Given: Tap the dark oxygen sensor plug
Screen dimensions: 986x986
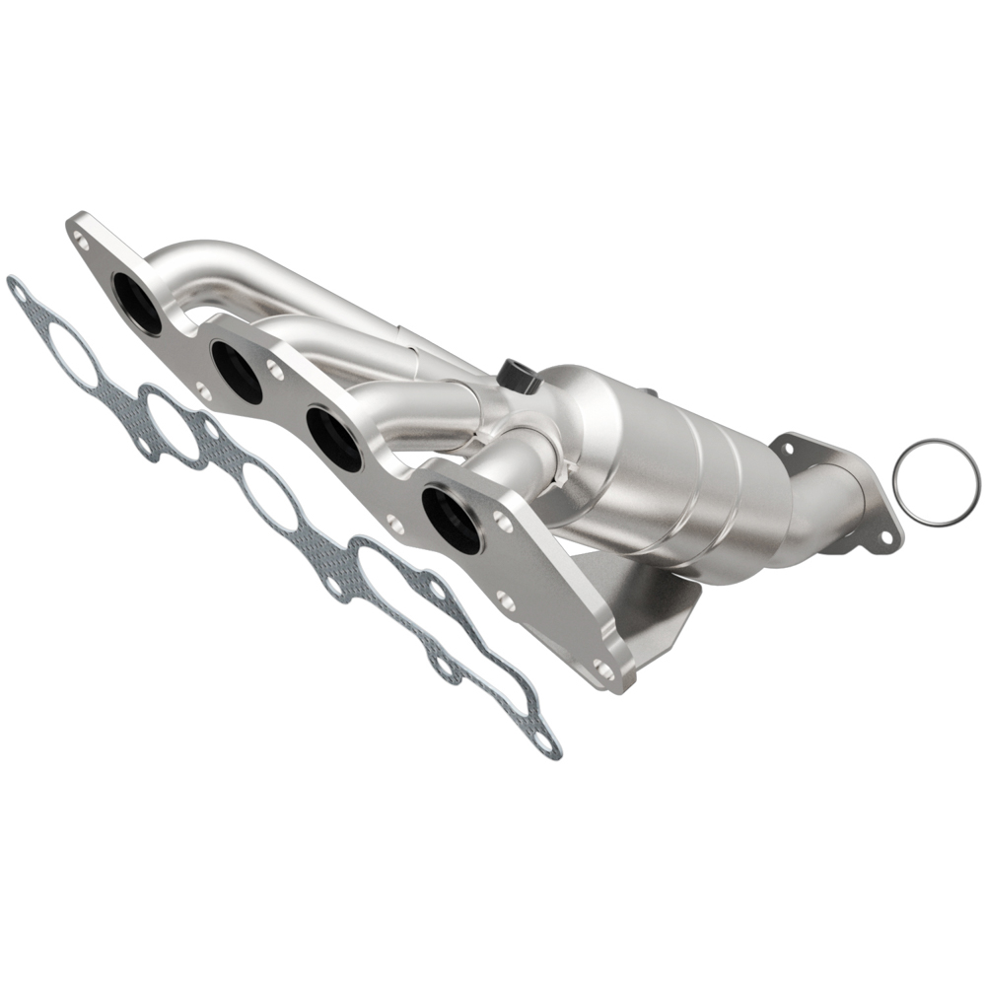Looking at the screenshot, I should [x=516, y=376].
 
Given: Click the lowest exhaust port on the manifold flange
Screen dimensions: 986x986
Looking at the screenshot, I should [x=451, y=520].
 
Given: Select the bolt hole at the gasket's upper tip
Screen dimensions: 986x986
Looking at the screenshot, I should [x=17, y=289].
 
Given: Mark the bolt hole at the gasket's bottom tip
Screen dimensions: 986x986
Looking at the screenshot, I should [x=543, y=744].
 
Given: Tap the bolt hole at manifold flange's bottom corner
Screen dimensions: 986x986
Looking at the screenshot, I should [x=602, y=670].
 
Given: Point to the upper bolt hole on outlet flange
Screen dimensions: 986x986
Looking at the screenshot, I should [x=787, y=448].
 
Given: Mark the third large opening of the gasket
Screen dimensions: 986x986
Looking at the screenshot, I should [x=271, y=498].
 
